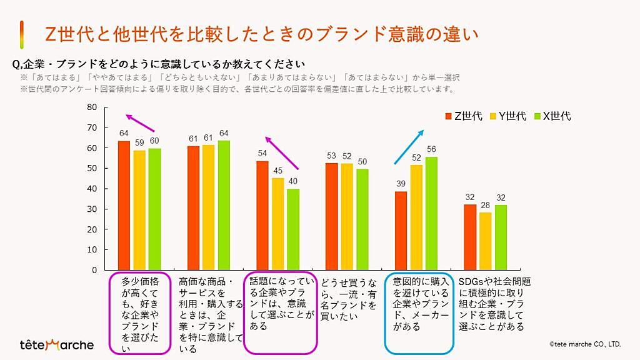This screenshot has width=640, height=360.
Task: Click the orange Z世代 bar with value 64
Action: (124, 206)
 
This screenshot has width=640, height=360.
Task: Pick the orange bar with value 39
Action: (401, 231)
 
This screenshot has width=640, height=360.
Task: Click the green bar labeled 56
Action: (431, 213)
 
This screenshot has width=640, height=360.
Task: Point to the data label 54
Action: (262, 153)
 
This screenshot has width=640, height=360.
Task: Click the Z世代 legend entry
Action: (464, 116)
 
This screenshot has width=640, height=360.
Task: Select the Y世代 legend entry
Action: (508, 116)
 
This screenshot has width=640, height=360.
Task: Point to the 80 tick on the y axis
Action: (92, 107)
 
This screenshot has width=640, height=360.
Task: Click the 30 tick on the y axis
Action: (92, 209)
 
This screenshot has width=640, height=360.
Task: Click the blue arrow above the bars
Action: (409, 147)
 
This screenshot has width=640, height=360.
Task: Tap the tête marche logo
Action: (57, 344)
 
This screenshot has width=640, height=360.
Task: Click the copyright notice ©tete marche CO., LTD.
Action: (585, 344)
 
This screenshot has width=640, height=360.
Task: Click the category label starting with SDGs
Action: (494, 304)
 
